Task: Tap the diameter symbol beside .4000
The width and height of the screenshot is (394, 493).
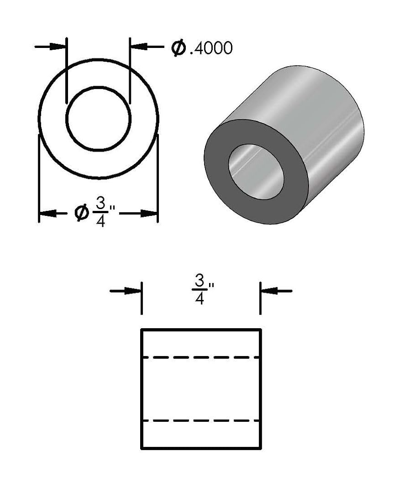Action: coord(179,47)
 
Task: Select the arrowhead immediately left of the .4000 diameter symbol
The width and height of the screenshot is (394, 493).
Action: coord(138,46)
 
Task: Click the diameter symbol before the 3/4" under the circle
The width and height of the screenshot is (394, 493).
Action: coord(82,212)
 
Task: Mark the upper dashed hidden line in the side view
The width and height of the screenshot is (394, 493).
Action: coord(201,357)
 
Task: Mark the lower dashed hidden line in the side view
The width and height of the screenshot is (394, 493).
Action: coord(201,420)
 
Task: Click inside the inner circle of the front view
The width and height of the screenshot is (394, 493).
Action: coord(98,118)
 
